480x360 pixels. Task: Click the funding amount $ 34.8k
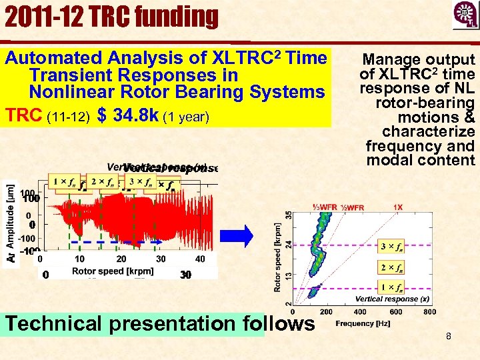pyautogui.click(x=127, y=116)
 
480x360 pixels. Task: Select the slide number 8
pyautogui.click(x=449, y=336)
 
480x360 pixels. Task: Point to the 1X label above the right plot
pyautogui.click(x=397, y=207)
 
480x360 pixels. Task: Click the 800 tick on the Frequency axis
pyautogui.click(x=430, y=311)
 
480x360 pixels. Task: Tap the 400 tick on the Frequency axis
pyautogui.click(x=361, y=311)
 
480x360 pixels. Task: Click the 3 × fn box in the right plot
pyautogui.click(x=391, y=247)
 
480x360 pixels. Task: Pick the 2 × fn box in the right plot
pyautogui.click(x=391, y=268)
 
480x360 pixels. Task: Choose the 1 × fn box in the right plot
pyautogui.click(x=391, y=288)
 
